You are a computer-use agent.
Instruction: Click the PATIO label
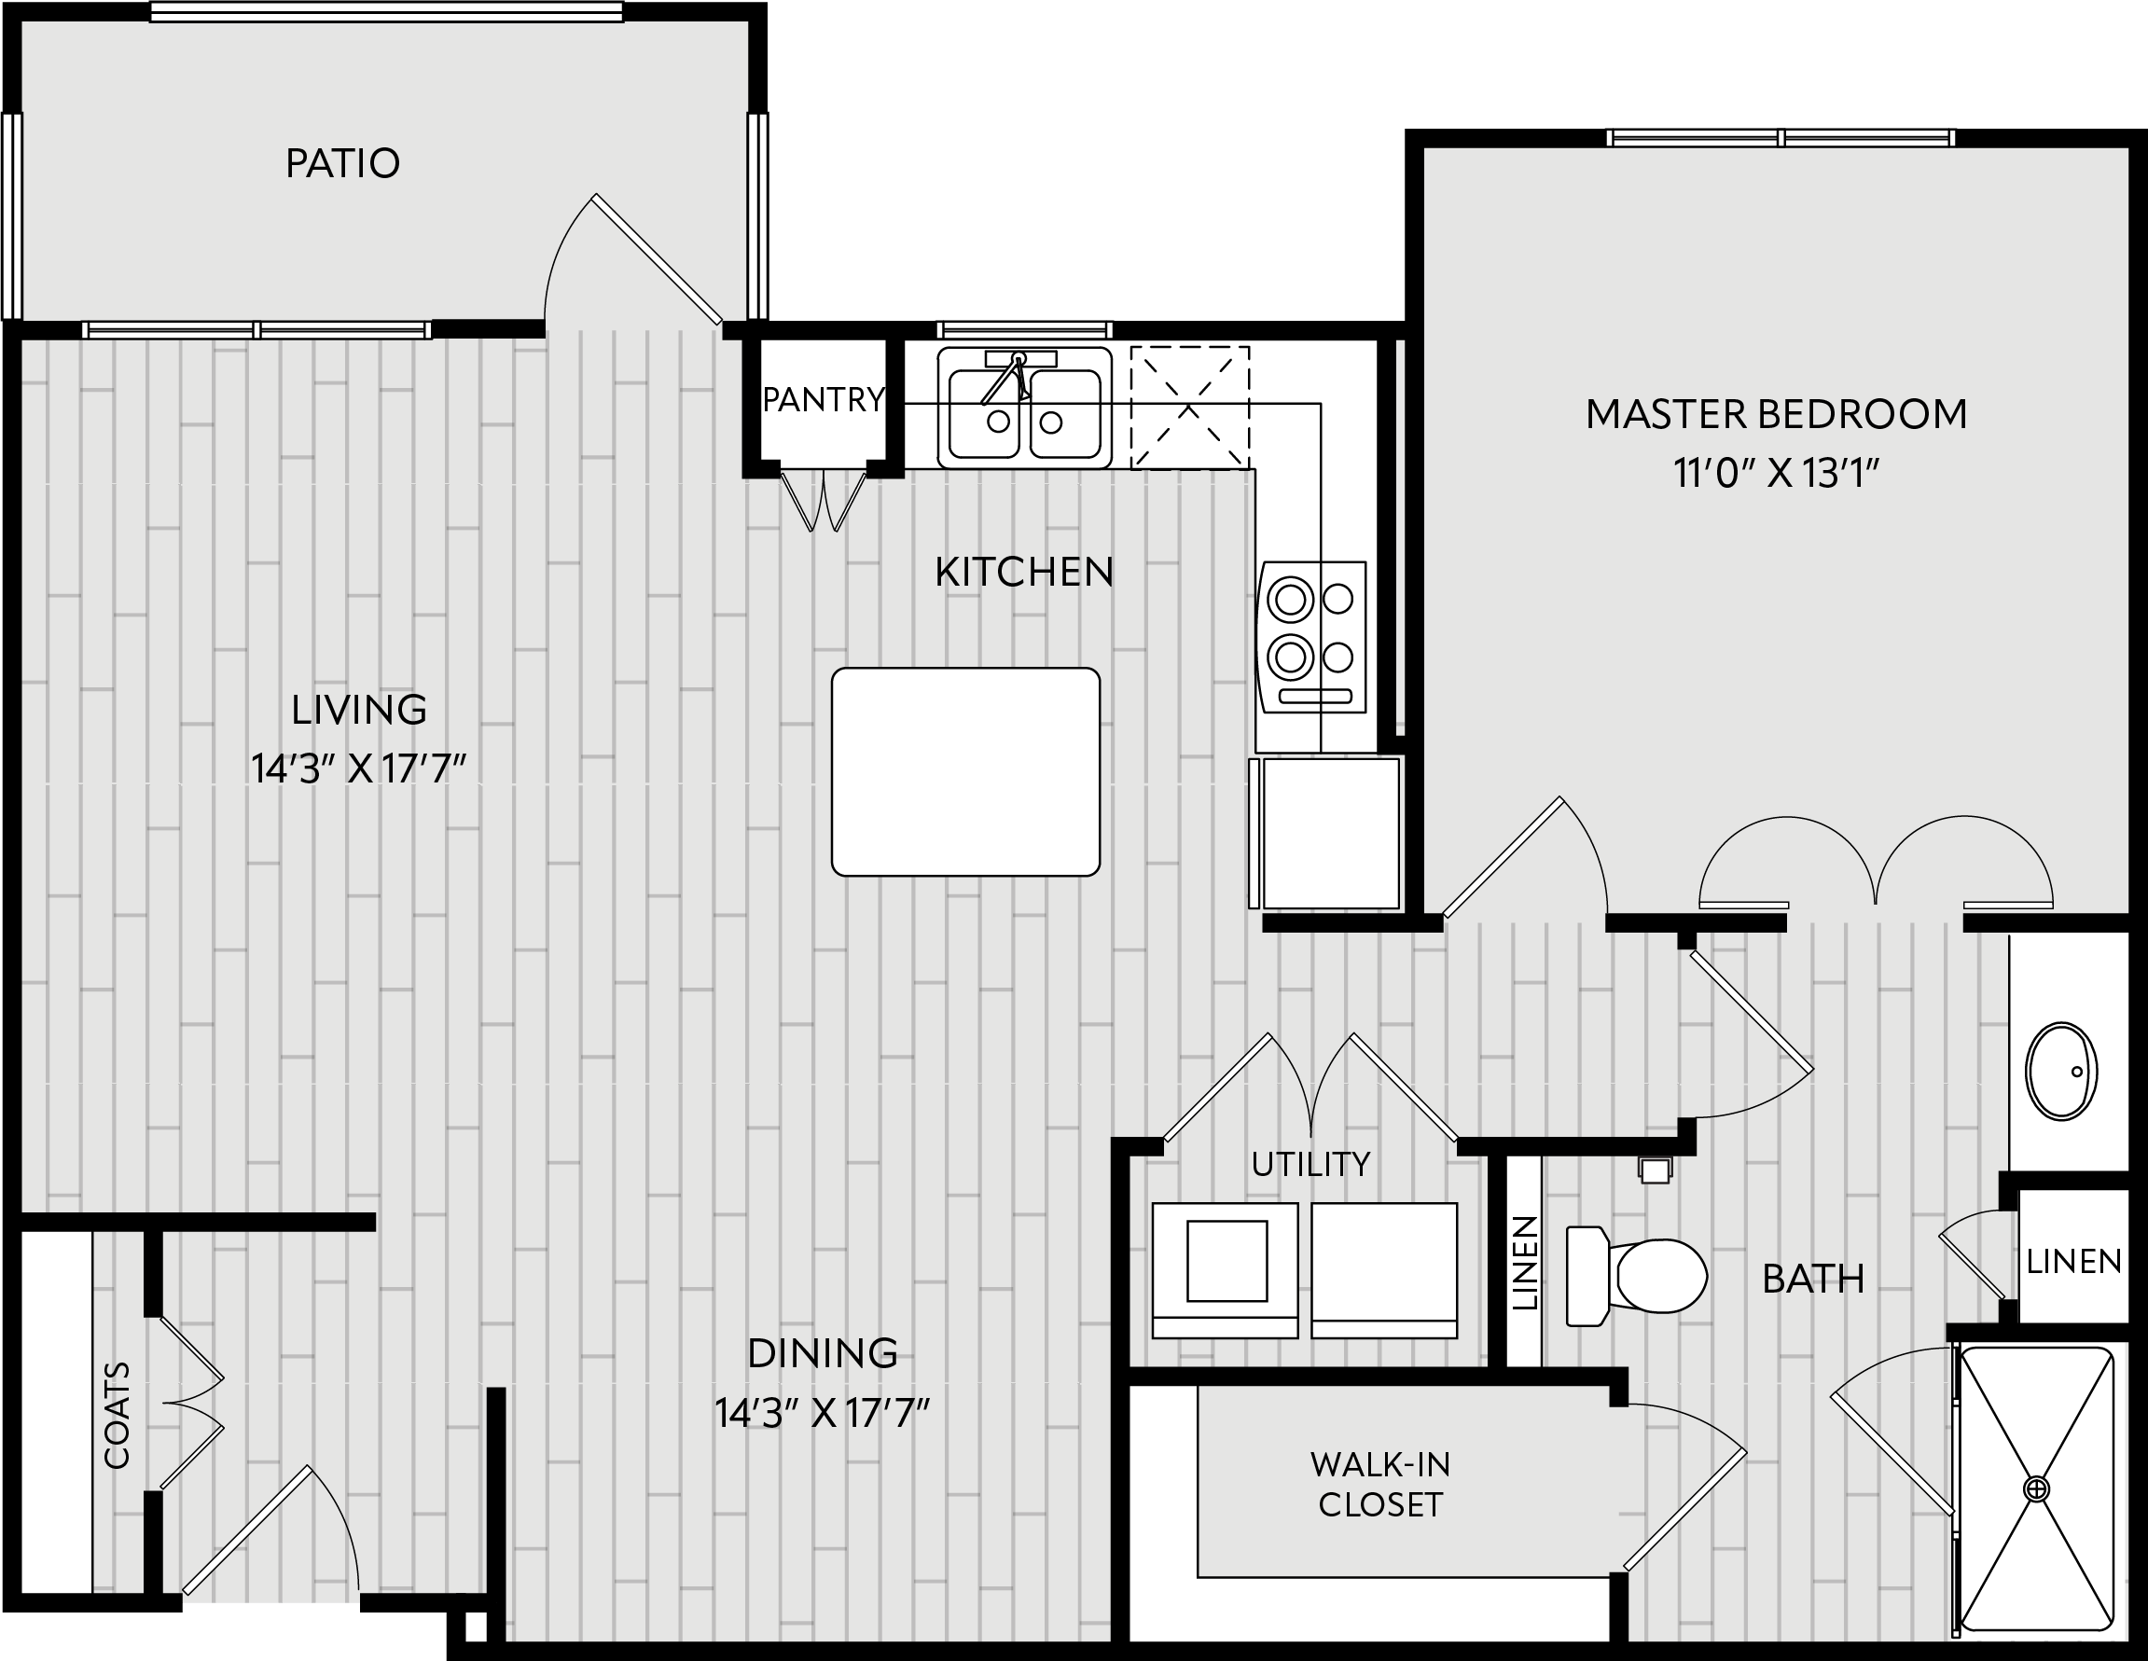coord(342,163)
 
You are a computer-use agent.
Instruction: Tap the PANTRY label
coord(824,399)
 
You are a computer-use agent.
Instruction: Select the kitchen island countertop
coord(964,771)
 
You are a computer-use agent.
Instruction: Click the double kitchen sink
coord(1024,408)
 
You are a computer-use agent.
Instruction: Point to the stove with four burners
coord(1312,636)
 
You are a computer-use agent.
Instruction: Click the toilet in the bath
coord(1636,1275)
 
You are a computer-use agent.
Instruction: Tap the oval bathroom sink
coord(2060,1071)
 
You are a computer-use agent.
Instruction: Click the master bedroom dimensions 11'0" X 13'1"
coord(1776,475)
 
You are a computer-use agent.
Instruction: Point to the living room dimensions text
coord(358,769)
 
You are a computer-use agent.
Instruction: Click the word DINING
coord(823,1354)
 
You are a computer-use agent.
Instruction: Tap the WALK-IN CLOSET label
coord(1379,1484)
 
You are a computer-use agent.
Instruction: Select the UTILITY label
coord(1310,1164)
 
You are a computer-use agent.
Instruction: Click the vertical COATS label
coord(117,1415)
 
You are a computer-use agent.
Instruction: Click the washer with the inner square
coord(1226,1269)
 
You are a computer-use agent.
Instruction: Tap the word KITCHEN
coord(1024,573)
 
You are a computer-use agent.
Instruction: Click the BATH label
coord(1813,1280)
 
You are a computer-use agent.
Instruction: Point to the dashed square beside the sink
coord(1189,408)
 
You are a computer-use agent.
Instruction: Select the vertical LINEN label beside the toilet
coord(1524,1264)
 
